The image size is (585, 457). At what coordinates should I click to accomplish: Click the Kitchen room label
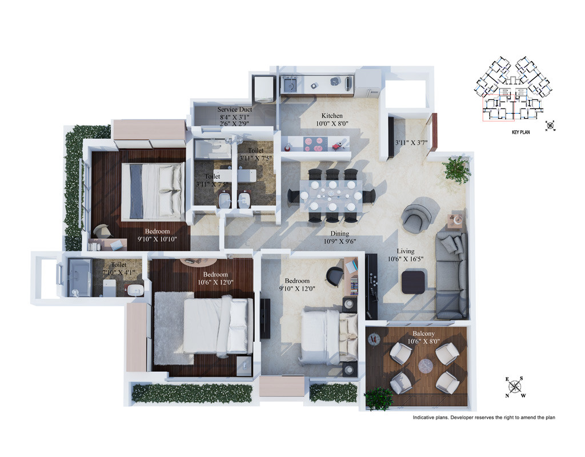(x=332, y=115)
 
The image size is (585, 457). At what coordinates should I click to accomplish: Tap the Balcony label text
(x=423, y=334)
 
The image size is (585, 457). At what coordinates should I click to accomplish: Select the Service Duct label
(x=234, y=110)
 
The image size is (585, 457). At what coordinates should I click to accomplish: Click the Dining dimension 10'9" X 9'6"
(x=339, y=242)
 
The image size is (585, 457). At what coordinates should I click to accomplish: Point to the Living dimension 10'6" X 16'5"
(x=405, y=259)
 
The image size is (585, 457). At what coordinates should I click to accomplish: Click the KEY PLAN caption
(x=520, y=132)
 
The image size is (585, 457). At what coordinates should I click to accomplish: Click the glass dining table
(x=331, y=197)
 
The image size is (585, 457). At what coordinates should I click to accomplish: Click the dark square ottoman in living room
(x=413, y=282)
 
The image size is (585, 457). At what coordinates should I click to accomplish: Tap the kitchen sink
(x=289, y=85)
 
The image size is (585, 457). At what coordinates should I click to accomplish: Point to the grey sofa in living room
(x=451, y=275)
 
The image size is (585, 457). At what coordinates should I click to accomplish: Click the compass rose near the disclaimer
(x=515, y=387)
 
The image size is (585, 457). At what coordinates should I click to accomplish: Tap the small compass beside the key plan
(x=550, y=126)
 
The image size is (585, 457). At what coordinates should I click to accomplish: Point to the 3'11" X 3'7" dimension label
(x=411, y=142)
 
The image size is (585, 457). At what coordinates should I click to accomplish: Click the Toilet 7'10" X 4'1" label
(x=119, y=268)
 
